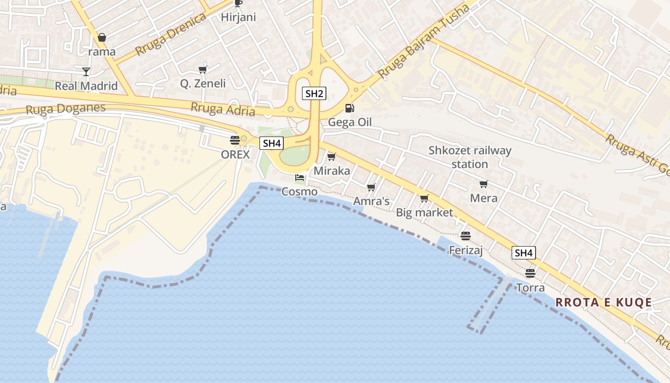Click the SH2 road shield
[314, 93]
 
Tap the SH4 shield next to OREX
[271, 143]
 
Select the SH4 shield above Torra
[524, 253]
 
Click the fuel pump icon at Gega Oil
[350, 108]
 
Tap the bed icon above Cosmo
[300, 178]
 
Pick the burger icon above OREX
[234, 140]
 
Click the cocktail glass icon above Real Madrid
[86, 71]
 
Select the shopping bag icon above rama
[102, 37]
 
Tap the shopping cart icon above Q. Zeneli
[202, 69]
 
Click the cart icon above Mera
[483, 184]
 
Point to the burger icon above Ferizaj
[465, 236]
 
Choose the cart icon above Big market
[424, 198]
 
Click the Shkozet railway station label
[469, 157]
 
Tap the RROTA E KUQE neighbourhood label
[603, 303]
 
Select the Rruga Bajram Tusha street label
[424, 43]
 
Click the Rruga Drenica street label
[170, 34]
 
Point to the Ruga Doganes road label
[65, 109]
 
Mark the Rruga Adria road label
[223, 109]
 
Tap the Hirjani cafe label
[238, 17]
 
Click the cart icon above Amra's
[371, 187]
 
